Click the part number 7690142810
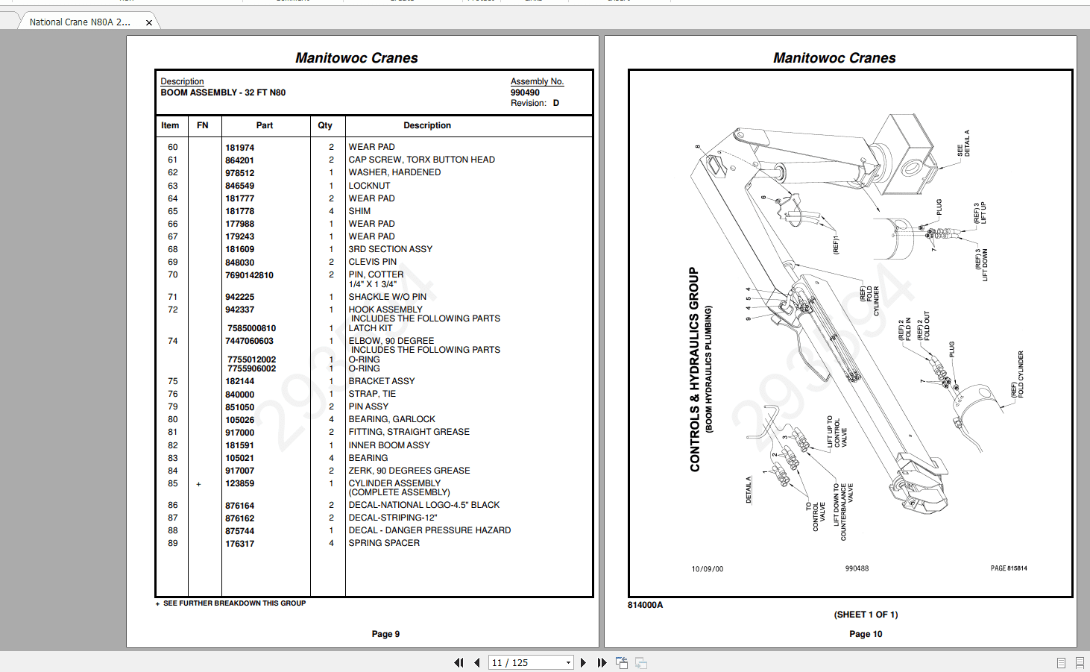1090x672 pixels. (249, 275)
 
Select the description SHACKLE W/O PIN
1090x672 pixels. (387, 297)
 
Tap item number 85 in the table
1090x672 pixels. (172, 483)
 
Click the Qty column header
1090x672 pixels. (325, 125)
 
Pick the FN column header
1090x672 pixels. (202, 125)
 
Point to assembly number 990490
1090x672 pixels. (525, 92)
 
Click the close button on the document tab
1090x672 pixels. (149, 22)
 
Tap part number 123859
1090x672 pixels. (239, 484)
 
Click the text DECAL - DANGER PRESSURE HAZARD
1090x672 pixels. (429, 530)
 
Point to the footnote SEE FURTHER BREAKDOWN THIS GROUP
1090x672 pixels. (234, 603)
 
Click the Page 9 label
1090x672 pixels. (385, 634)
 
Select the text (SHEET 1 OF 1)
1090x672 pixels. (866, 615)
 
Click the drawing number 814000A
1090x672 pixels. (645, 605)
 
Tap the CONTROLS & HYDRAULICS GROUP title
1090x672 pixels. (695, 369)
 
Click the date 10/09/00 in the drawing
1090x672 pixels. (707, 569)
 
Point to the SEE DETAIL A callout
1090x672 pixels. (963, 144)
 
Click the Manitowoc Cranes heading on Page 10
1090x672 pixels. (834, 58)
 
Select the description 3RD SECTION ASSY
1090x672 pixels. (390, 249)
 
